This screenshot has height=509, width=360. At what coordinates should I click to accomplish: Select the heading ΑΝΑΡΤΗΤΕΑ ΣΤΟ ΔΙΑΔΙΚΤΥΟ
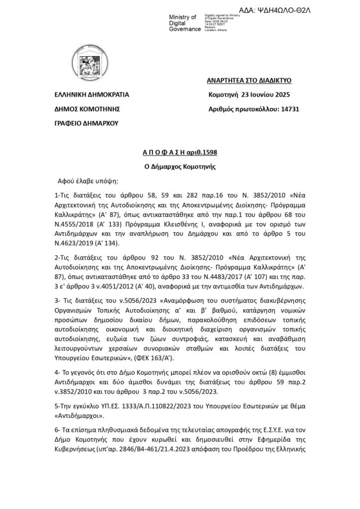pos(249,80)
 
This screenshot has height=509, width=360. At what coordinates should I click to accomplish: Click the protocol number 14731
pos(285,109)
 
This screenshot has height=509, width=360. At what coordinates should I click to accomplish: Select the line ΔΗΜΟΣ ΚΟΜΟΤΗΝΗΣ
pos(88,109)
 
